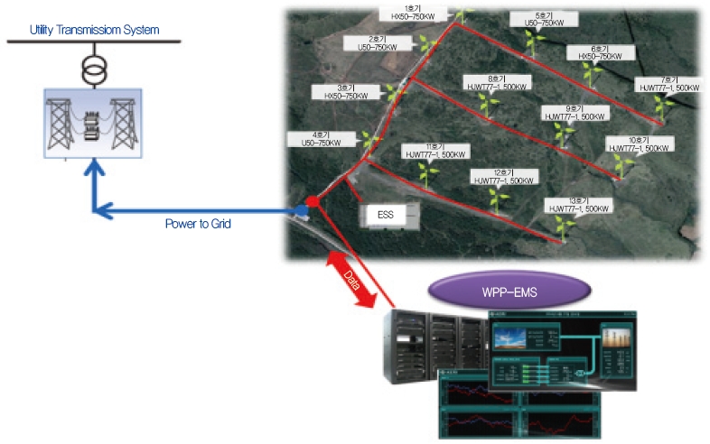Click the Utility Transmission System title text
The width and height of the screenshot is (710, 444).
94,30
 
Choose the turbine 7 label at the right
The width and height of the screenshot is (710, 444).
669,83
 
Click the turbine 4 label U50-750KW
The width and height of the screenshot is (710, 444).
315,138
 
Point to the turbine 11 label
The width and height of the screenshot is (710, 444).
436,150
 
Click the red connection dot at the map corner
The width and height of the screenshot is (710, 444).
311,199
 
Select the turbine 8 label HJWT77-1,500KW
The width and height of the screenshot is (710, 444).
495,82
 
